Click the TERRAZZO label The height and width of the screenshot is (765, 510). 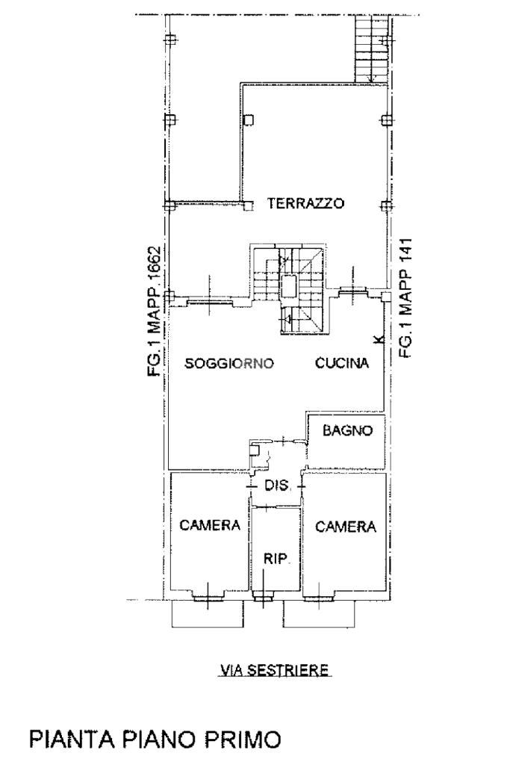pyautogui.click(x=305, y=203)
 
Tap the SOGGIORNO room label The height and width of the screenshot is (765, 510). pyautogui.click(x=229, y=364)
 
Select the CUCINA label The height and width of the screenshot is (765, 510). pyautogui.click(x=342, y=363)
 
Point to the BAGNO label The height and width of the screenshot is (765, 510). pyautogui.click(x=348, y=430)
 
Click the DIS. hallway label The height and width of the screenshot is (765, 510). pyautogui.click(x=278, y=486)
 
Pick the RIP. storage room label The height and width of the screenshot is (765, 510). pyautogui.click(x=276, y=559)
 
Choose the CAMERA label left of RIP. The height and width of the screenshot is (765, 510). pyautogui.click(x=210, y=525)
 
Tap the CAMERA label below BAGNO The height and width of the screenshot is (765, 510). pyautogui.click(x=346, y=527)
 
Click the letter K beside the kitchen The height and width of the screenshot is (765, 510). pyautogui.click(x=381, y=340)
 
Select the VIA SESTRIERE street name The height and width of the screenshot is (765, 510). pyautogui.click(x=275, y=670)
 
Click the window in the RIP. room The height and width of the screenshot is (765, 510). pyautogui.click(x=263, y=596)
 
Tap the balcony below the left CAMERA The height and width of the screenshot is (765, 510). pyautogui.click(x=208, y=614)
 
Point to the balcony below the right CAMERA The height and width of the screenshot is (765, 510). pyautogui.click(x=319, y=614)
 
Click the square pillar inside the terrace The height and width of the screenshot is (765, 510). pyautogui.click(x=249, y=120)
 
